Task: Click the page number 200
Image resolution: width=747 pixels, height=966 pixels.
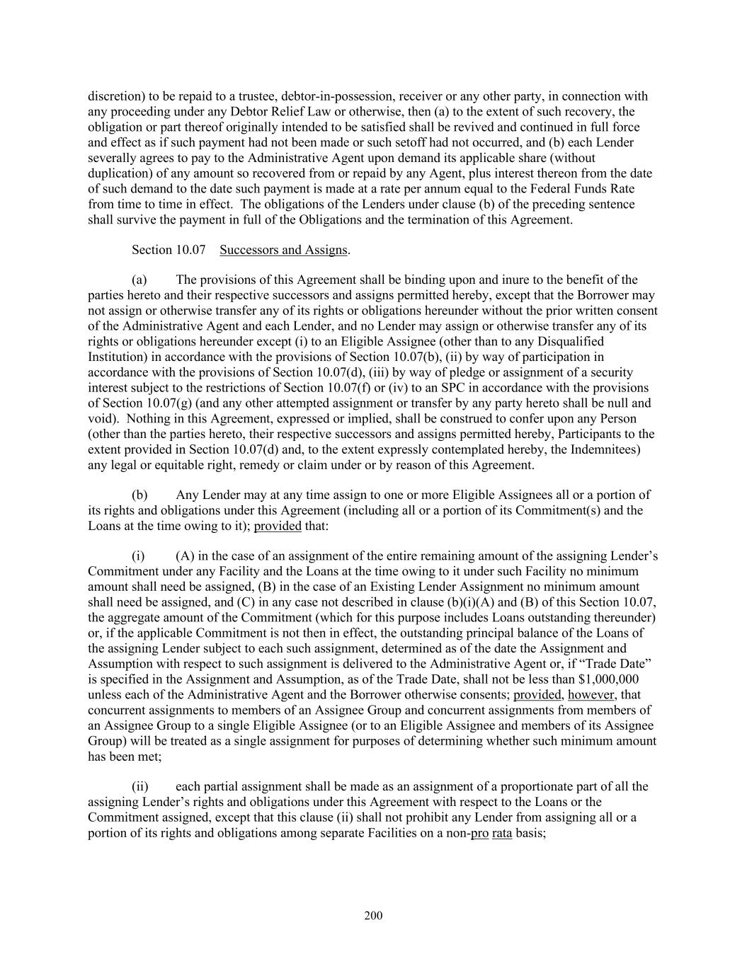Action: [x=373, y=916]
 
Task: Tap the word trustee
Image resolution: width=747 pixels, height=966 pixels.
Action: [x=257, y=96]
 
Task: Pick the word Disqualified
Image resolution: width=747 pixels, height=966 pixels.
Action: [x=610, y=342]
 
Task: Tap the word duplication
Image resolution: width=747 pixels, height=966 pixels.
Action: [x=120, y=173]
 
